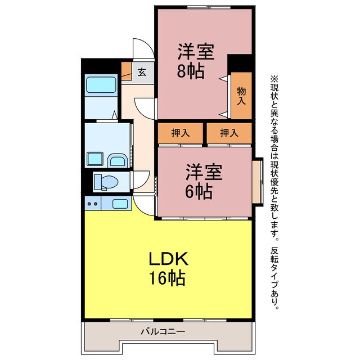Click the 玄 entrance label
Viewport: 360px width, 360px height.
point(142,71)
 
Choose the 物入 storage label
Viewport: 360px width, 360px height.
point(241,96)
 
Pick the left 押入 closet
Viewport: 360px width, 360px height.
point(180,133)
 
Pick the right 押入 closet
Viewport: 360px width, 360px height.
point(228,133)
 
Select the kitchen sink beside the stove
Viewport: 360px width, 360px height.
point(120,203)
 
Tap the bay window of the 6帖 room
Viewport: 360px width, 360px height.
point(258,182)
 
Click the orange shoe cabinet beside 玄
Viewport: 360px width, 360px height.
point(126,71)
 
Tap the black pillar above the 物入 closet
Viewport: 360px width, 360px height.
point(240,62)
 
